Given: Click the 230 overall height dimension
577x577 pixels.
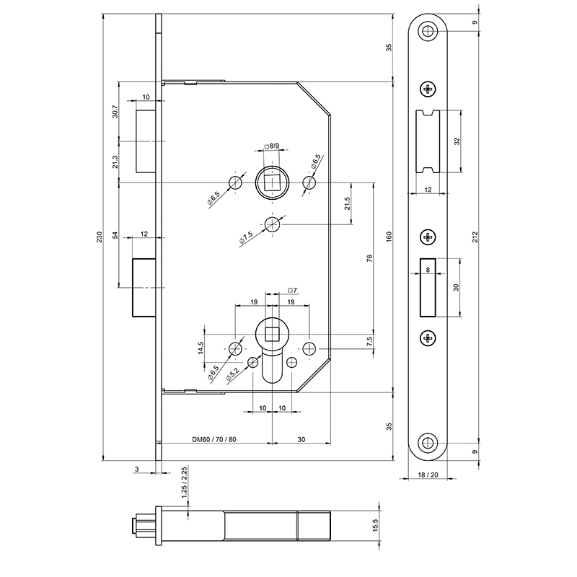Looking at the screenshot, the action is tap(99, 237).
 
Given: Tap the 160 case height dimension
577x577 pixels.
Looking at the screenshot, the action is tap(389, 237).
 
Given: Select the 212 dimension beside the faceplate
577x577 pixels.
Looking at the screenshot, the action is tap(475, 237).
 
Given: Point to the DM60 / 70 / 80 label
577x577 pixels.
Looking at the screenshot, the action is tap(214, 439).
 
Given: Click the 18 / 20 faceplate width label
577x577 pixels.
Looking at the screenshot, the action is tap(428, 475).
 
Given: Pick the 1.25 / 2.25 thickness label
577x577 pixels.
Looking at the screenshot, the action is tap(185, 482).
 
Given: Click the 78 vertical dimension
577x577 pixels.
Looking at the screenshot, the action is tap(369, 258).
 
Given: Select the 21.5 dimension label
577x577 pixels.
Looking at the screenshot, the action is tap(348, 203).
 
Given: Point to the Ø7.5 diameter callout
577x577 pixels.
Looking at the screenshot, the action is tap(246, 237).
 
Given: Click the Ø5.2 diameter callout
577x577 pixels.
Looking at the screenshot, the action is tap(232, 374).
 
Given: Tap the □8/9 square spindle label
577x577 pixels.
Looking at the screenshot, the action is tap(272, 146).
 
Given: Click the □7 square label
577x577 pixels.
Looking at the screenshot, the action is tap(293, 291).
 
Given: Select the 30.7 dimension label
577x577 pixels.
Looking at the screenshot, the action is tap(115, 111).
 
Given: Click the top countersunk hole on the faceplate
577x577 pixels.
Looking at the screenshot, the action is tap(428, 31).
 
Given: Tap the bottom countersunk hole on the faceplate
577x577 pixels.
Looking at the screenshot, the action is tap(428, 443).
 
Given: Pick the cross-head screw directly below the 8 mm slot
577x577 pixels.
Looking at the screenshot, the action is tap(428, 338).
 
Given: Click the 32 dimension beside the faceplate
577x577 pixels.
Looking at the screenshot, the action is tap(457, 141).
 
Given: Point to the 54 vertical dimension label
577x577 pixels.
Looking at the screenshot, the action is tap(115, 235).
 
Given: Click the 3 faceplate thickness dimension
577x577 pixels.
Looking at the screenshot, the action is tap(137, 470).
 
